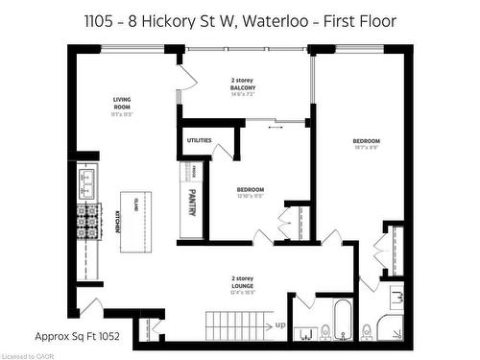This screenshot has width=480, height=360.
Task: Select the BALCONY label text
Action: pos(241,86)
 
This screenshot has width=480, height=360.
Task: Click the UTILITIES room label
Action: pos(199,140)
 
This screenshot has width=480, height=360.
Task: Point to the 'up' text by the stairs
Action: pos(279,324)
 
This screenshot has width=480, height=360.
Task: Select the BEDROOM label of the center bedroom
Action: pos(251,189)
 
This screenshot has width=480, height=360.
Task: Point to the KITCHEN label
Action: pos(118,223)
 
